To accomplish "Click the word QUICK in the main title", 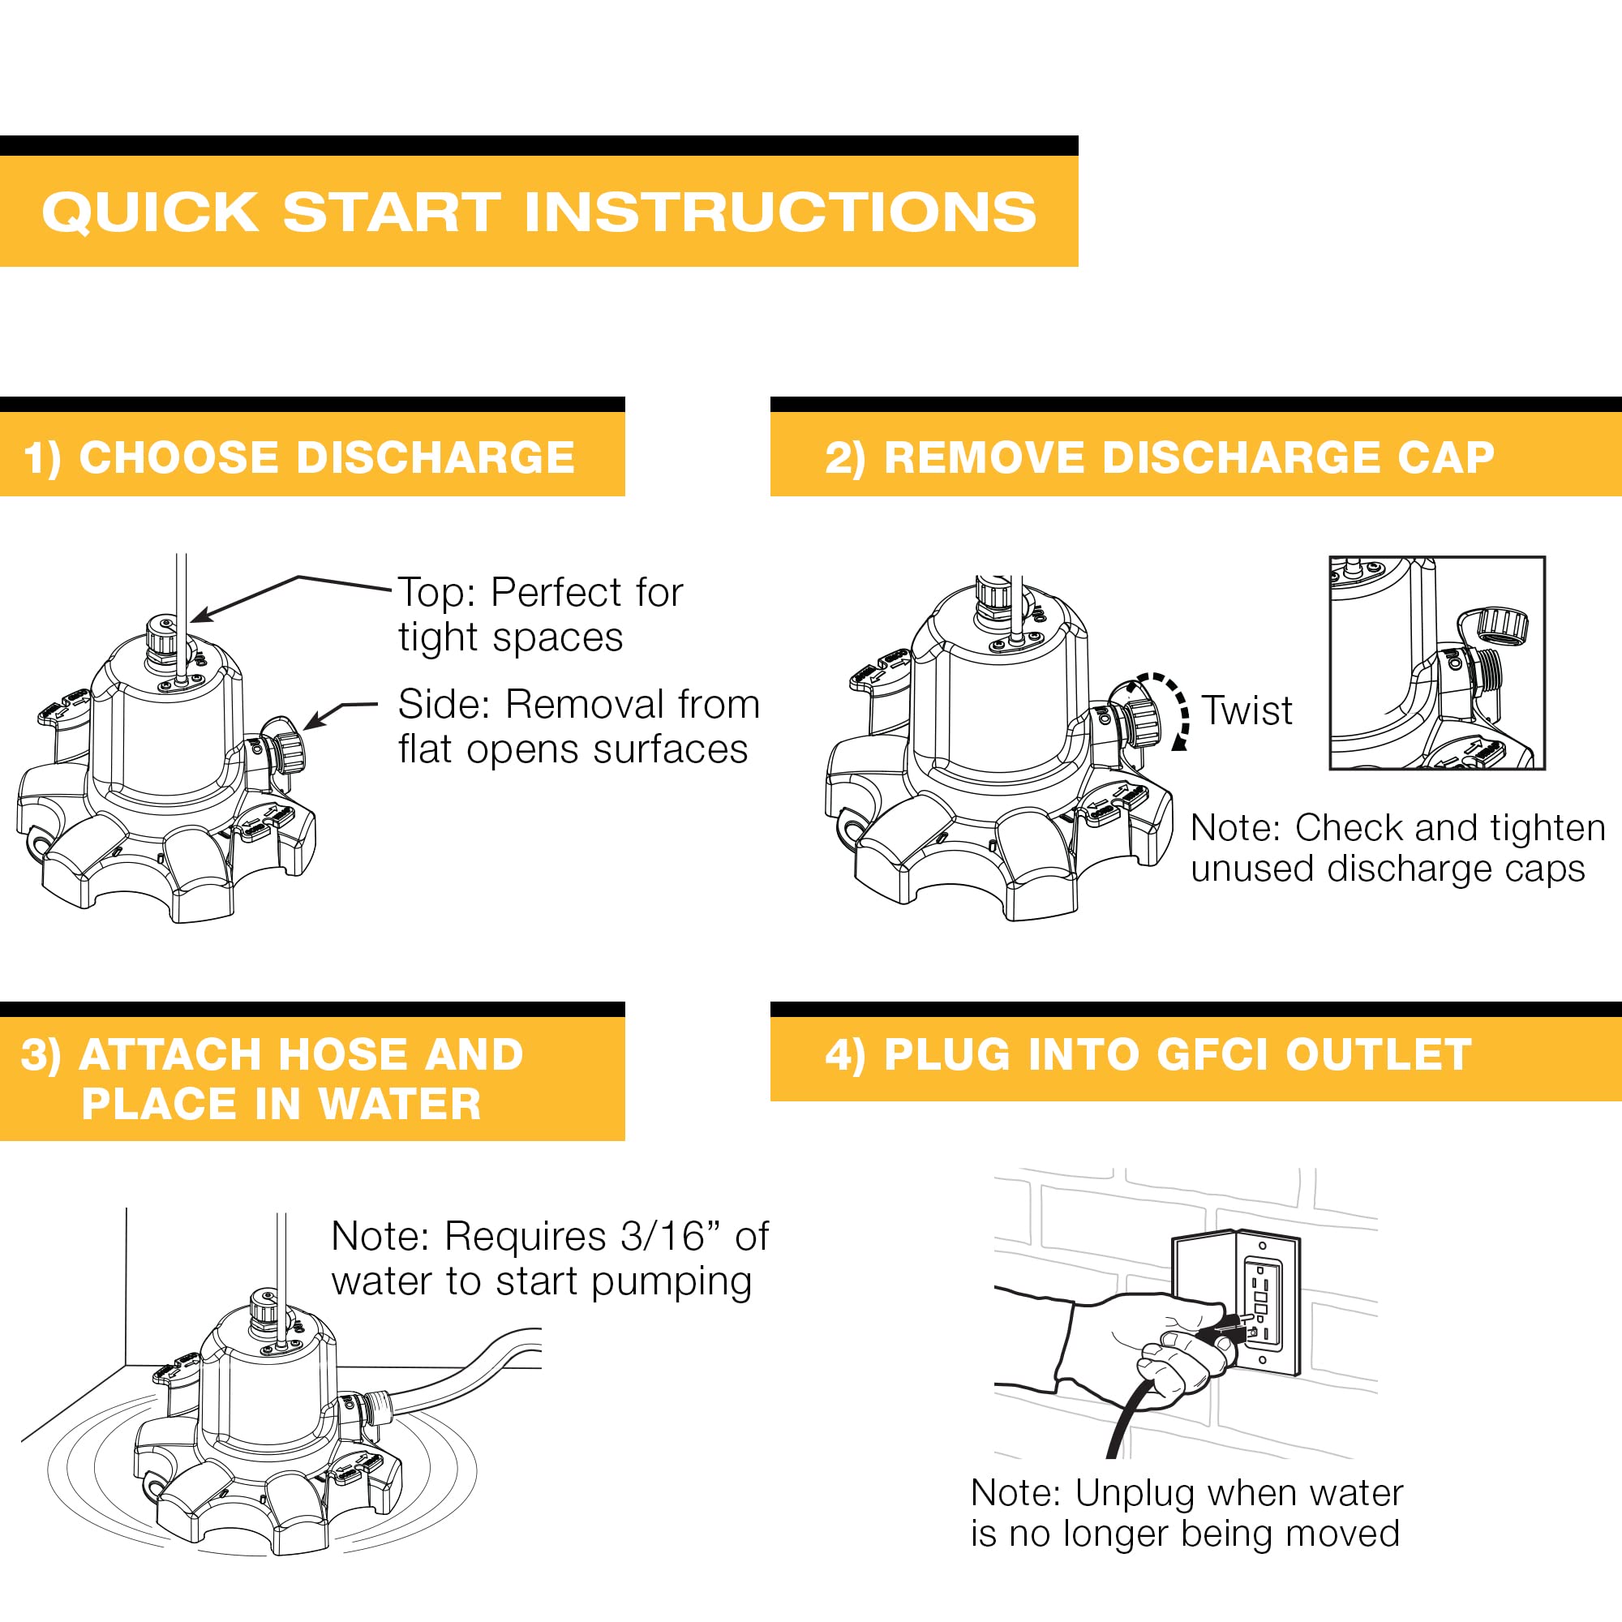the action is pyautogui.click(x=150, y=212).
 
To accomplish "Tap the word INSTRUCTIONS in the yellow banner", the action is pyautogui.click(x=780, y=212).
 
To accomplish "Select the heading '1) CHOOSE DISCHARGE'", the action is pyautogui.click(x=299, y=457).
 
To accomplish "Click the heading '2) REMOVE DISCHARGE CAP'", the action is pyautogui.click(x=1160, y=457).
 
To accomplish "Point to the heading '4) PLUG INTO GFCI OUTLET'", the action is pyautogui.click(x=1148, y=1054).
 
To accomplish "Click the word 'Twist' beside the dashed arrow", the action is pyautogui.click(x=1247, y=710).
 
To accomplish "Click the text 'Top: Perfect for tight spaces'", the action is pyautogui.click(x=541, y=615).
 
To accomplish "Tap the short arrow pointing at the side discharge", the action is pyautogui.click(x=339, y=715).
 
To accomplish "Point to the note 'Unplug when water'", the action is pyautogui.click(x=1186, y=1493).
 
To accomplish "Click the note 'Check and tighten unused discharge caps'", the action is pyautogui.click(x=1398, y=847).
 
